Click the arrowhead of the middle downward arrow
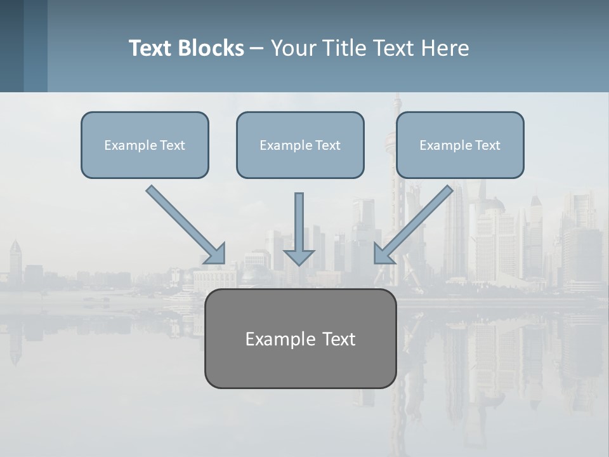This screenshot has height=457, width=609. (x=299, y=257)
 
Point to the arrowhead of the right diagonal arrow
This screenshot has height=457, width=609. (x=383, y=254)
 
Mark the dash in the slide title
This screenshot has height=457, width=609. (x=256, y=48)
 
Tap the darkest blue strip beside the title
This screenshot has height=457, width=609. (x=11, y=46)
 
